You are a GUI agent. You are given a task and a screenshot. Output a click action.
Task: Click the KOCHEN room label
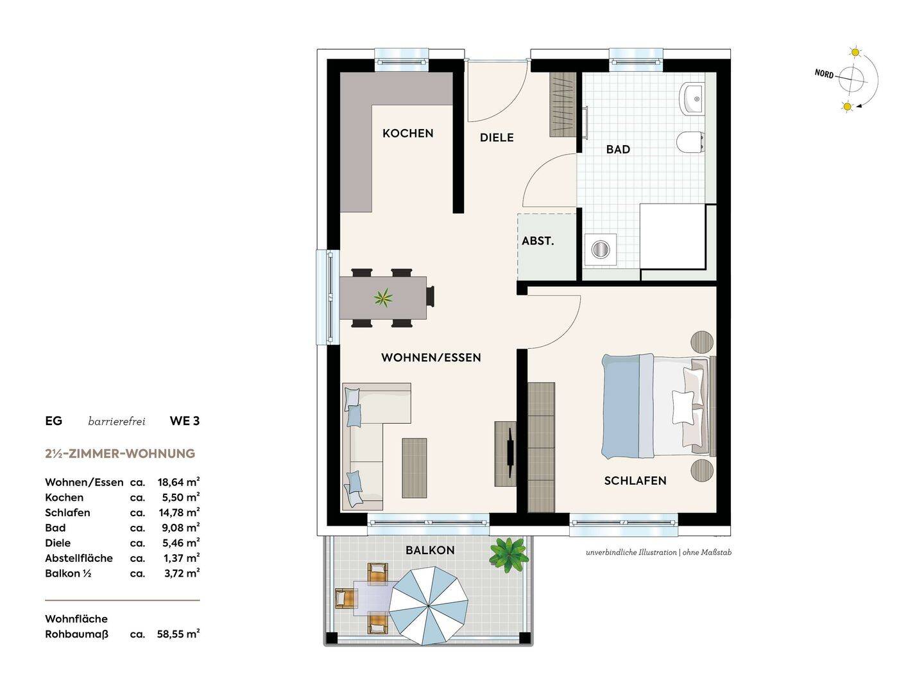point(407,134)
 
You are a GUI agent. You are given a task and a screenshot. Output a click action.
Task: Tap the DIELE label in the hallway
point(497,137)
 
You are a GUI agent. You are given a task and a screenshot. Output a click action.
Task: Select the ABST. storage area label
point(538,241)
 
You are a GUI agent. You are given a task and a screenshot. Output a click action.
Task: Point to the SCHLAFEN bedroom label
point(635,481)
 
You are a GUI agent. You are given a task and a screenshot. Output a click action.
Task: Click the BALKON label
point(430,550)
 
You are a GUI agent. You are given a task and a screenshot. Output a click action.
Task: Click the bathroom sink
point(692,99)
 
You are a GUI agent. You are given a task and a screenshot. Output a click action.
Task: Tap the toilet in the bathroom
point(690,141)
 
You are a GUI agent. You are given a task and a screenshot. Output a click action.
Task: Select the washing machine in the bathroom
point(601,249)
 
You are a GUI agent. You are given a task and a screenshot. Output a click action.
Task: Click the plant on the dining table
point(383,298)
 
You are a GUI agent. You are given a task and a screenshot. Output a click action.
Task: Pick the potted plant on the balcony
point(508,555)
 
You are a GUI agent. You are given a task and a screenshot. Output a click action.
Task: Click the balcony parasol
point(428,606)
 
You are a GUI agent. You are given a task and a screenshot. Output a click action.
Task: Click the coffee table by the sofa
point(415,468)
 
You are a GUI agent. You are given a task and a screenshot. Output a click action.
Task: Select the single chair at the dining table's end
point(431,296)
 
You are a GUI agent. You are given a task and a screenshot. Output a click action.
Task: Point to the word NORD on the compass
point(824,74)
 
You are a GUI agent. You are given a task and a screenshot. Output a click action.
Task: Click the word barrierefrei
point(117,421)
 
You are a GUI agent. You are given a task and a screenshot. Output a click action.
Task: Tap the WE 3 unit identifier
point(185,421)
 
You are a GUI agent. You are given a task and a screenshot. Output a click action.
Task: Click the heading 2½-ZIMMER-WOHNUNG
point(120,454)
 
